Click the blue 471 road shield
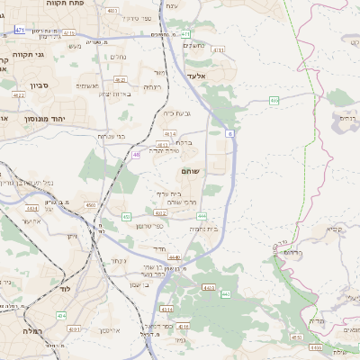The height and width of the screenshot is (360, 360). click(x=20, y=30)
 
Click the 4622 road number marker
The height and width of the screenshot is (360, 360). click(x=19, y=94)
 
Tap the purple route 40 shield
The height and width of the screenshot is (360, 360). click(x=135, y=155)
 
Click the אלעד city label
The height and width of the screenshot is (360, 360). click(x=196, y=76)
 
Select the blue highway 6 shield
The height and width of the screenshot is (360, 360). click(x=229, y=133)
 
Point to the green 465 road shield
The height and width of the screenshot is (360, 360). click(x=274, y=101)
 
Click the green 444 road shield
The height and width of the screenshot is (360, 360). click(x=202, y=216)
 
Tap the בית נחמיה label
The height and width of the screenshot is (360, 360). click(x=205, y=229)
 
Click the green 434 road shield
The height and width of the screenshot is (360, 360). click(x=61, y=315)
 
